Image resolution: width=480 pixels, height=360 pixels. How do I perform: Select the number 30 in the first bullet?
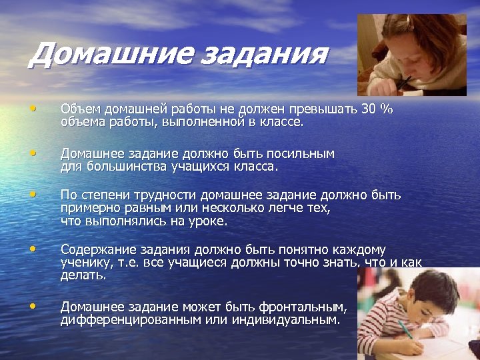[367, 109]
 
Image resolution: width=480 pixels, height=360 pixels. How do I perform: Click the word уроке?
[207, 220]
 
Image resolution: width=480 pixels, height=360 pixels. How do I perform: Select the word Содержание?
[99, 250]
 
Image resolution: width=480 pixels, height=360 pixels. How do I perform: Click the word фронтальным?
[305, 307]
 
